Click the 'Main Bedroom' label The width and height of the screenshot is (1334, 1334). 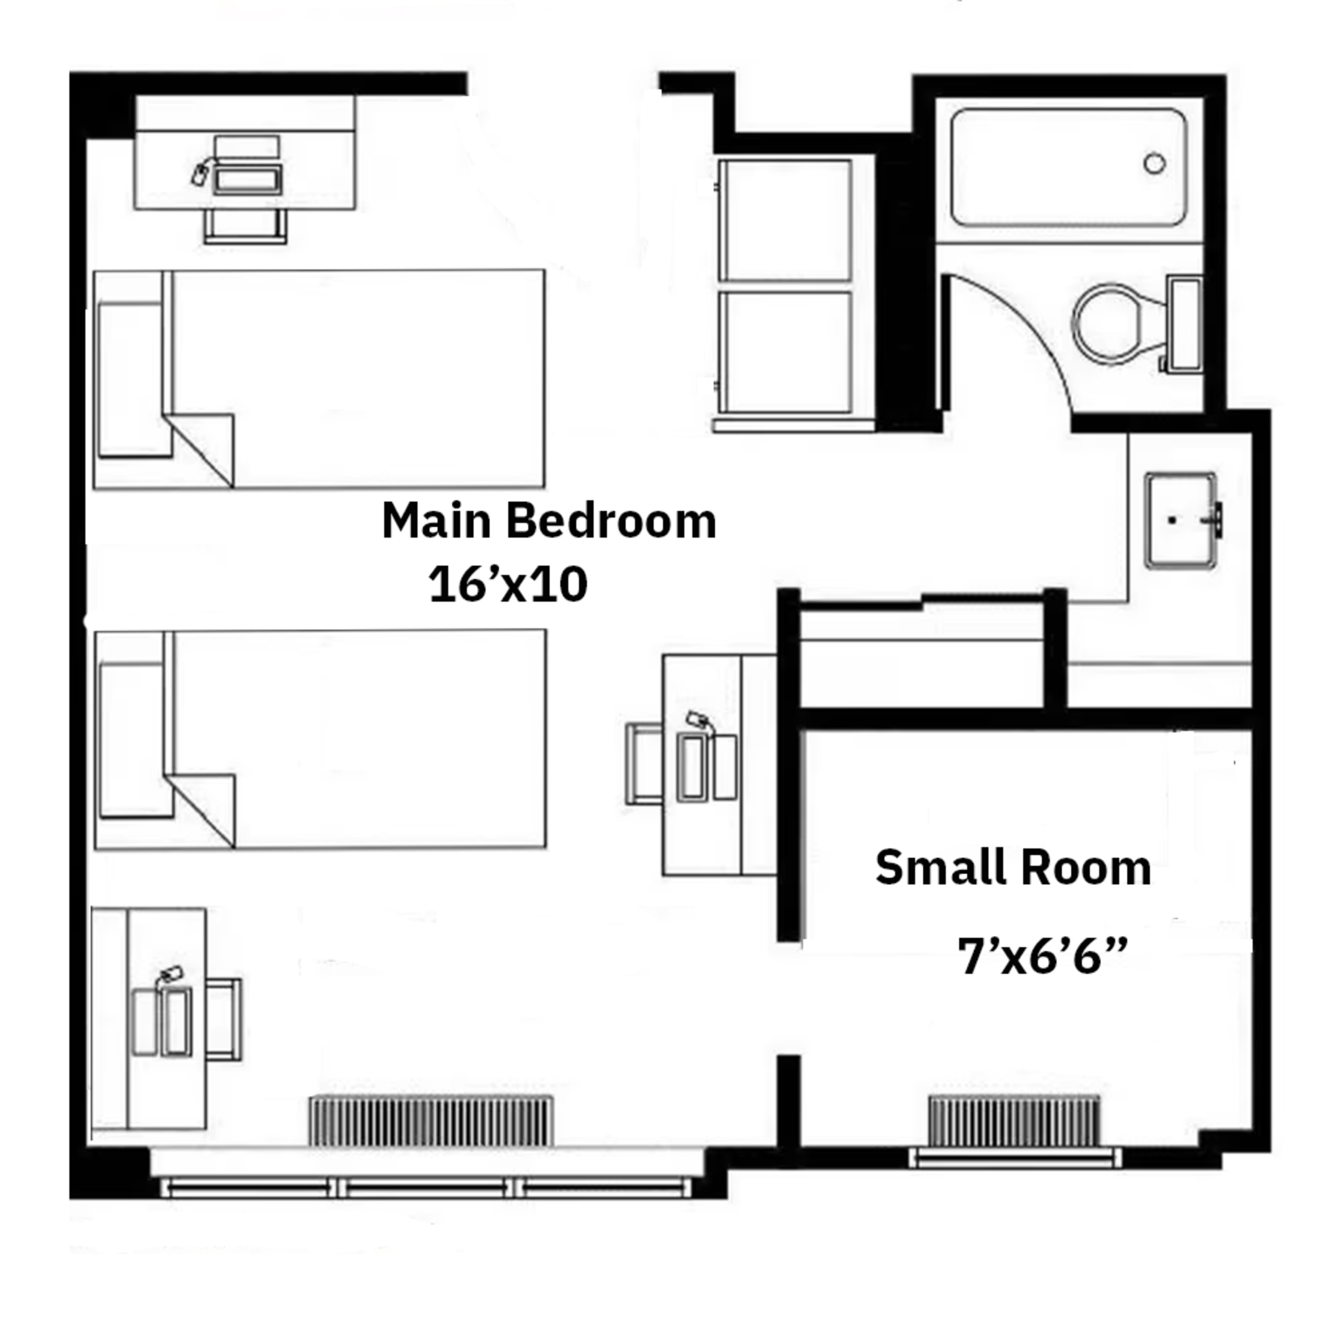coord(549,521)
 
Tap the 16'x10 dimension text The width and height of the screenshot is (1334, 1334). coord(508,585)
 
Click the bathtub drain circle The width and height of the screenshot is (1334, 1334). coord(1154,163)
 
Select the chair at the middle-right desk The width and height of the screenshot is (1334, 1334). coord(644,764)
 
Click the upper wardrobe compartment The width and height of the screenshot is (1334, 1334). coord(784,220)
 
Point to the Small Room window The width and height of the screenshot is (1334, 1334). coord(1014,1157)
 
